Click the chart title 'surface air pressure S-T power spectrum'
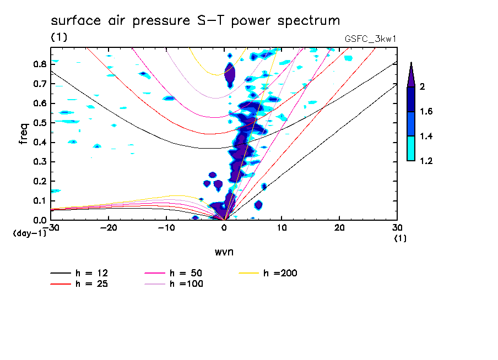click(196, 21)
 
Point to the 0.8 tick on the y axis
click(40, 64)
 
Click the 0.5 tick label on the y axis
click(40, 123)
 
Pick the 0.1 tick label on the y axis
click(40, 201)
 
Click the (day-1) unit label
click(29, 233)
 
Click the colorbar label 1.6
click(426, 112)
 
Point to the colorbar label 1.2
click(426, 161)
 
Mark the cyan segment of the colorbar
click(411, 148)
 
